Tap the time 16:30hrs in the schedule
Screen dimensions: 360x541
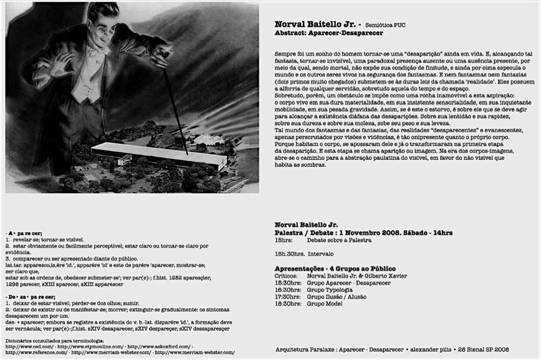pos(286,290)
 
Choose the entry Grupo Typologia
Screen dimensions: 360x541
pos(330,290)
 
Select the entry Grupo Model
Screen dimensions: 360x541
pos(325,304)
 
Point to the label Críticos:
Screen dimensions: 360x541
pos(286,276)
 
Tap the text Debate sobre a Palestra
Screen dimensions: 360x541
pos(339,240)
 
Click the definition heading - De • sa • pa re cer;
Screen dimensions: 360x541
pos(30,296)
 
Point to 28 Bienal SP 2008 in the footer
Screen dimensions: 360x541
pos(483,349)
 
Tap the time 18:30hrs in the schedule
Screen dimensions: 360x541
pos(286,304)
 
